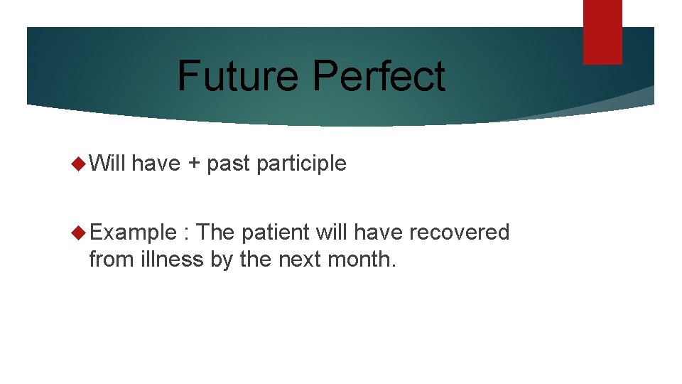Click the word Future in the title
pyautogui.click(x=238, y=76)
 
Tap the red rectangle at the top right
pyautogui.click(x=602, y=32)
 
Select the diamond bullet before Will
pyautogui.click(x=79, y=164)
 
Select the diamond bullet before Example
pyautogui.click(x=79, y=233)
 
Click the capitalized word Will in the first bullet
pyautogui.click(x=107, y=164)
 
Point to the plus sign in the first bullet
pyautogui.click(x=193, y=164)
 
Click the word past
pyautogui.click(x=228, y=164)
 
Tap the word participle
pyautogui.click(x=301, y=164)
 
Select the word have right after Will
pyautogui.click(x=156, y=164)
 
